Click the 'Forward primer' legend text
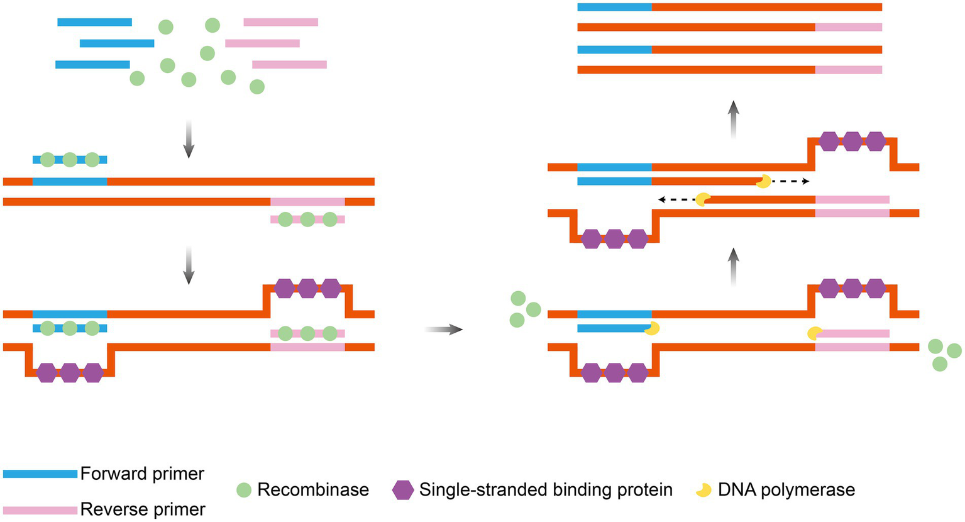(142, 474)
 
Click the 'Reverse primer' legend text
(143, 509)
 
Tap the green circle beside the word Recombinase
(244, 490)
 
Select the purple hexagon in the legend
(402, 490)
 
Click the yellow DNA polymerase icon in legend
(703, 490)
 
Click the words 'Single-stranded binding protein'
(546, 490)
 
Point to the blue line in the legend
(40, 474)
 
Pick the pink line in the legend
(40, 510)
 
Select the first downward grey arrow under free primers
(188, 139)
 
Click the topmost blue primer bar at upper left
(94, 22)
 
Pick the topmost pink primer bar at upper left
(280, 22)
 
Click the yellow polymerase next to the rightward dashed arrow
(763, 182)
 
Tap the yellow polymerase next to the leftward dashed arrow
(703, 199)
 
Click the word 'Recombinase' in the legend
(313, 490)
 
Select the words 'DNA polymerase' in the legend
(786, 490)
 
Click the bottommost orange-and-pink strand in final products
(729, 70)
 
